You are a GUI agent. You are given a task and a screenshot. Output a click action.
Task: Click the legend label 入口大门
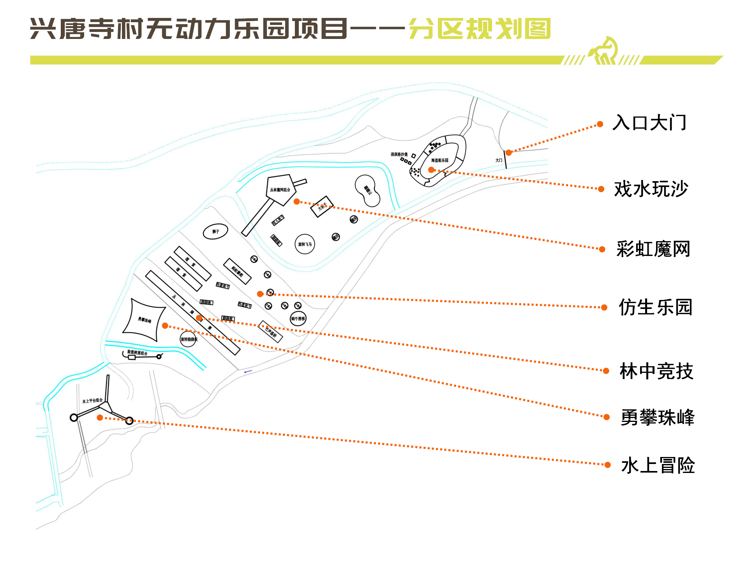(x=649, y=123)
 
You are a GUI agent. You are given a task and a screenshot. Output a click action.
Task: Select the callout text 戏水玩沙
(x=651, y=189)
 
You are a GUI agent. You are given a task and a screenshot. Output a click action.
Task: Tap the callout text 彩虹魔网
(x=653, y=249)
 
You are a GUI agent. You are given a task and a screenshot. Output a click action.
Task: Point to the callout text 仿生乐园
(x=655, y=307)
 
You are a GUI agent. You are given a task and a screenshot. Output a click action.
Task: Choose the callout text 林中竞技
(x=656, y=371)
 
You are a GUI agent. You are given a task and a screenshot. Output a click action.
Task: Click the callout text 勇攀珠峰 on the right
(x=657, y=418)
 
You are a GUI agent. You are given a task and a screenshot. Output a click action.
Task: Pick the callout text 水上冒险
(x=658, y=466)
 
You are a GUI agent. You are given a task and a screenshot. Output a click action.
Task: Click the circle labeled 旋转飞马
(x=305, y=244)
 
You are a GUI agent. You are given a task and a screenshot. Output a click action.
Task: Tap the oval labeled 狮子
(x=215, y=232)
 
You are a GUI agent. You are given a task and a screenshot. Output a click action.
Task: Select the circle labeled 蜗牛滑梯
(x=298, y=319)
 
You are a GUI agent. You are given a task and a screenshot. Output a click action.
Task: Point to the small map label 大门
(x=499, y=160)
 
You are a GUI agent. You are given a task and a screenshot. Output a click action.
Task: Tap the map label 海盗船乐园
(x=439, y=160)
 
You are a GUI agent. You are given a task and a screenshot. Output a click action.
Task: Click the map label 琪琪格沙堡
(x=399, y=155)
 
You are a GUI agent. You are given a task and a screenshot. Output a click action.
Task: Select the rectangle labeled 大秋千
(x=322, y=206)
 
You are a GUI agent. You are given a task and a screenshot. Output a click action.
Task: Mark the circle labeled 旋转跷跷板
(x=188, y=339)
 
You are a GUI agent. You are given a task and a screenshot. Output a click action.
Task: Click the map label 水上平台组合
(x=92, y=401)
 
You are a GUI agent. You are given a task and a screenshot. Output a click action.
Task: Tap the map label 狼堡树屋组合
(x=137, y=353)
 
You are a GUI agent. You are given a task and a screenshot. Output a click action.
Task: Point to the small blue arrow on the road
(x=248, y=372)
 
